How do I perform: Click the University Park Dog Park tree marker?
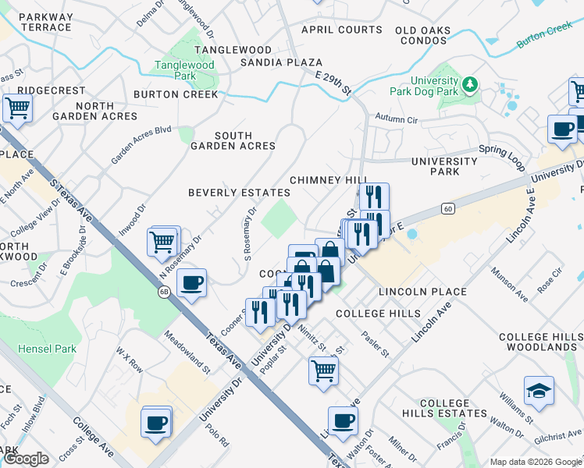pos(470,83)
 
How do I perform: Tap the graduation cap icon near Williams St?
pos(539,392)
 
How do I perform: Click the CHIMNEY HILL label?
pos(328,180)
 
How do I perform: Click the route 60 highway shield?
pos(447,208)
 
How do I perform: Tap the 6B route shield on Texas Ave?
pos(163,292)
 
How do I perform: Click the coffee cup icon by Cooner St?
pos(191,283)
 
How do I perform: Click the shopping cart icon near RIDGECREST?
pos(17,108)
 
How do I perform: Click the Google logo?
pos(27,459)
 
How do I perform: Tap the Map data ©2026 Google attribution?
pos(535,461)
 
